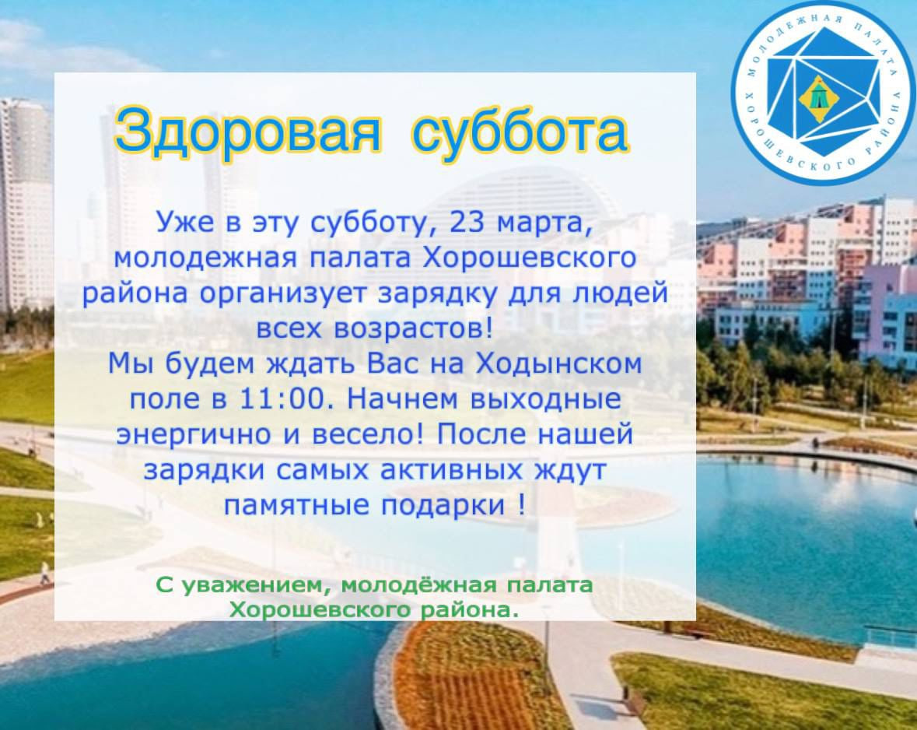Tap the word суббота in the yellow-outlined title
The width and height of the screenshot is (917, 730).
click(520, 130)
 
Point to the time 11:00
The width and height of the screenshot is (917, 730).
click(282, 398)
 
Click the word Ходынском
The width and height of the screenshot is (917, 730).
click(558, 364)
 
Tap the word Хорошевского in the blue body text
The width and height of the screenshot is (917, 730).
click(529, 258)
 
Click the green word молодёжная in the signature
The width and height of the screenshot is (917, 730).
click(418, 584)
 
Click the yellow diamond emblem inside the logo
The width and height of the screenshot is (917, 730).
click(818, 98)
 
